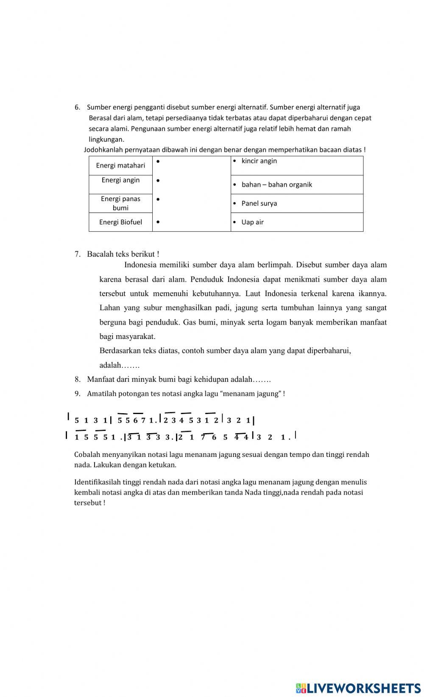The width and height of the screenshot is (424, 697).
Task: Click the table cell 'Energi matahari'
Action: click(120, 165)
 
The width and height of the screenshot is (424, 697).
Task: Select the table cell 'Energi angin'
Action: click(120, 180)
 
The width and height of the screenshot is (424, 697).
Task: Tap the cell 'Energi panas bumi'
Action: click(120, 203)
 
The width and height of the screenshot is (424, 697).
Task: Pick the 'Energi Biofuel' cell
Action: click(120, 222)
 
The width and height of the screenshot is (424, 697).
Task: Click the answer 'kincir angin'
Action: click(259, 161)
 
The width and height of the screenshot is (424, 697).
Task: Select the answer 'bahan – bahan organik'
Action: click(276, 185)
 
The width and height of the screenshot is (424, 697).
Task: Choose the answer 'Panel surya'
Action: click(259, 203)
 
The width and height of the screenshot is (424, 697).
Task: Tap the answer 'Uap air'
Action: click(252, 222)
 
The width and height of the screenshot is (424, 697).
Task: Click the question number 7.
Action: click(77, 254)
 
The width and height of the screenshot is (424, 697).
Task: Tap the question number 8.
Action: click(77, 379)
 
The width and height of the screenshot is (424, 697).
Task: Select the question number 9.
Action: click(77, 394)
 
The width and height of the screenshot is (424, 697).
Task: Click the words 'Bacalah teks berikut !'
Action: click(123, 254)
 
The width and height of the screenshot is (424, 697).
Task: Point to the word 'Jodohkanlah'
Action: click(102, 150)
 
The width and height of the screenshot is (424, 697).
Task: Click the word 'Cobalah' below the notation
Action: click(86, 455)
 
